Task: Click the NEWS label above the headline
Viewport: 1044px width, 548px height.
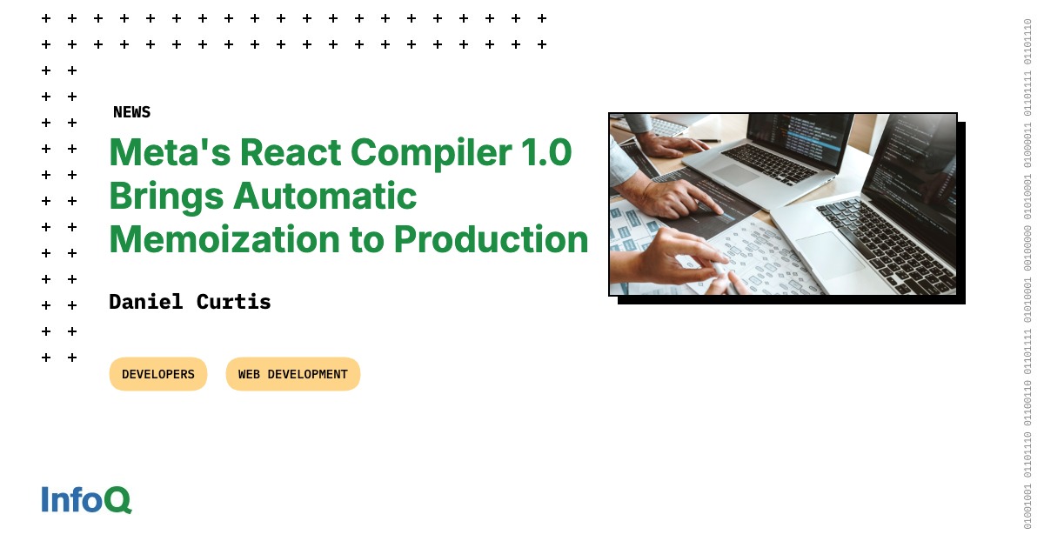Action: pos(131,112)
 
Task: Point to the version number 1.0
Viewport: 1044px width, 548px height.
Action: pos(547,152)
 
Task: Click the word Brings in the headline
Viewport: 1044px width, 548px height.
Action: pos(164,197)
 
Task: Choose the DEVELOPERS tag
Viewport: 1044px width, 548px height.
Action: pos(158,374)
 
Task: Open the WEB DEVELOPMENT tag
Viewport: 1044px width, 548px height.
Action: pos(293,374)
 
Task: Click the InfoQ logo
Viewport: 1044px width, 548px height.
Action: pos(86,499)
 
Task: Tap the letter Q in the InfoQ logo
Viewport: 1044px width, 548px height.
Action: pos(119,500)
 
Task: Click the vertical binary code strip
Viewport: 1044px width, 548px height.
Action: pos(1027,274)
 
